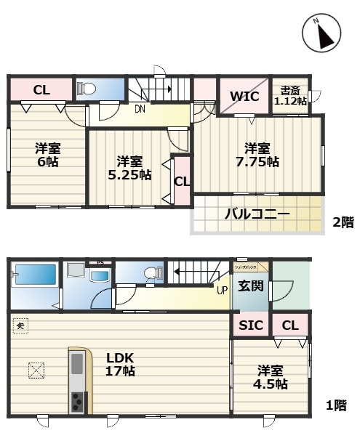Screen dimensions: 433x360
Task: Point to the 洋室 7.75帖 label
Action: [x=257, y=154]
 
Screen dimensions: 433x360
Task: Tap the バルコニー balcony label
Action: [x=257, y=214]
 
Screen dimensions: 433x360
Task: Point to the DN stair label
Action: [x=139, y=110]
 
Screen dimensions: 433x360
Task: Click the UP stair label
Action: [x=222, y=290]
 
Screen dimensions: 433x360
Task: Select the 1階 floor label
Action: [x=335, y=406]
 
